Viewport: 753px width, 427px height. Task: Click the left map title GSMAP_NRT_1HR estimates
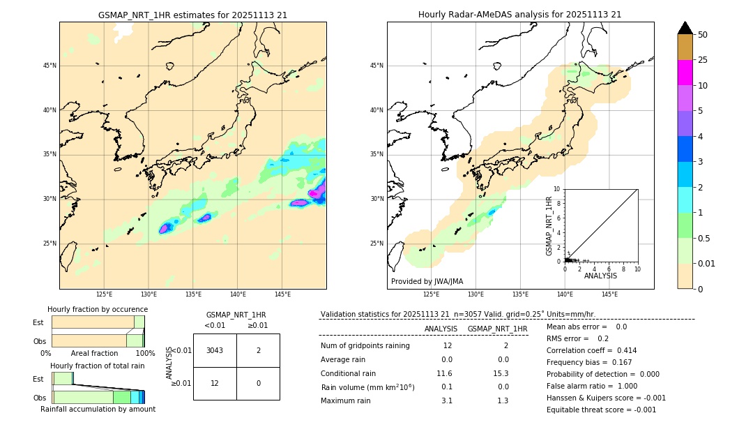[192, 15]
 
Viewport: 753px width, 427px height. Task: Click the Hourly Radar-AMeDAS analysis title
[519, 15]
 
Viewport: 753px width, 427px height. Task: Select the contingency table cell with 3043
[215, 350]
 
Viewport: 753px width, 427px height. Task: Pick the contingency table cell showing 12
[215, 383]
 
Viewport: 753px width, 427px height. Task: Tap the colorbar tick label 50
[703, 35]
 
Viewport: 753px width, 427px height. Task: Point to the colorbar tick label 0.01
[706, 263]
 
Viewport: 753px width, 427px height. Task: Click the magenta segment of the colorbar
[685, 73]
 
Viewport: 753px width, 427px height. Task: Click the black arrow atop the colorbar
[685, 28]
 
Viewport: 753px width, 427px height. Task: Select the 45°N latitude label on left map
[50, 66]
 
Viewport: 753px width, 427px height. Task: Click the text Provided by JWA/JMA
[427, 281]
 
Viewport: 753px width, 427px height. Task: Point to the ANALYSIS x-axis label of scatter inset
[600, 276]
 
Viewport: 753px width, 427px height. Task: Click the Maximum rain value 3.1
[446, 400]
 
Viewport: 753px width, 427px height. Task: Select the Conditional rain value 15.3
[503, 374]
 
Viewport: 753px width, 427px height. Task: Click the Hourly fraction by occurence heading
[98, 309]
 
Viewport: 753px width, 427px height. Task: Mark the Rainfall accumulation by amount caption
[98, 410]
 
